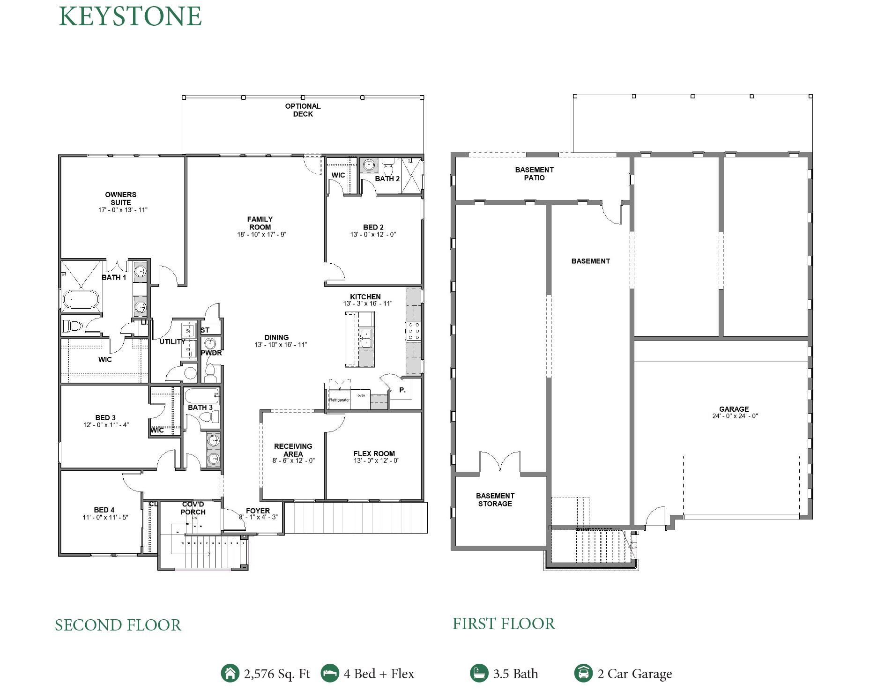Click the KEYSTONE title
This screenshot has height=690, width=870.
[x=130, y=16]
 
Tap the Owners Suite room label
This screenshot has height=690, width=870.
[x=121, y=199]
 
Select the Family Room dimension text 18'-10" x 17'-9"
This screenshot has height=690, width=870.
[x=261, y=235]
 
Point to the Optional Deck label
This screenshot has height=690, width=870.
[x=303, y=110]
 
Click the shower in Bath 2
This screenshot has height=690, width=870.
[x=412, y=176]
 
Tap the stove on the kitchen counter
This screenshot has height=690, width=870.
[x=413, y=331]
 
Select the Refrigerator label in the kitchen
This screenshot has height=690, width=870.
[x=339, y=400]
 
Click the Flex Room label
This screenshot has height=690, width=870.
[x=374, y=453]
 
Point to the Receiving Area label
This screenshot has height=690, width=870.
[x=293, y=450]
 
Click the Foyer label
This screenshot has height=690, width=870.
[x=258, y=511]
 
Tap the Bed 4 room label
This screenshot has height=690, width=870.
[x=104, y=510]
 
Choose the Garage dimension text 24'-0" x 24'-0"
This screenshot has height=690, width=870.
[x=735, y=416]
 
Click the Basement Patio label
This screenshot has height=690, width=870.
[x=534, y=174]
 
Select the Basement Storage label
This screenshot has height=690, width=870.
[x=495, y=500]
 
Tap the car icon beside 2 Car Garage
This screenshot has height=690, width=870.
[x=583, y=674]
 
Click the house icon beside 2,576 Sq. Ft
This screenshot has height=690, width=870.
[x=230, y=674]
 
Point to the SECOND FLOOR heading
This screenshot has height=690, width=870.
[x=118, y=625]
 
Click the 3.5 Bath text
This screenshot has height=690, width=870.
[x=515, y=674]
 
